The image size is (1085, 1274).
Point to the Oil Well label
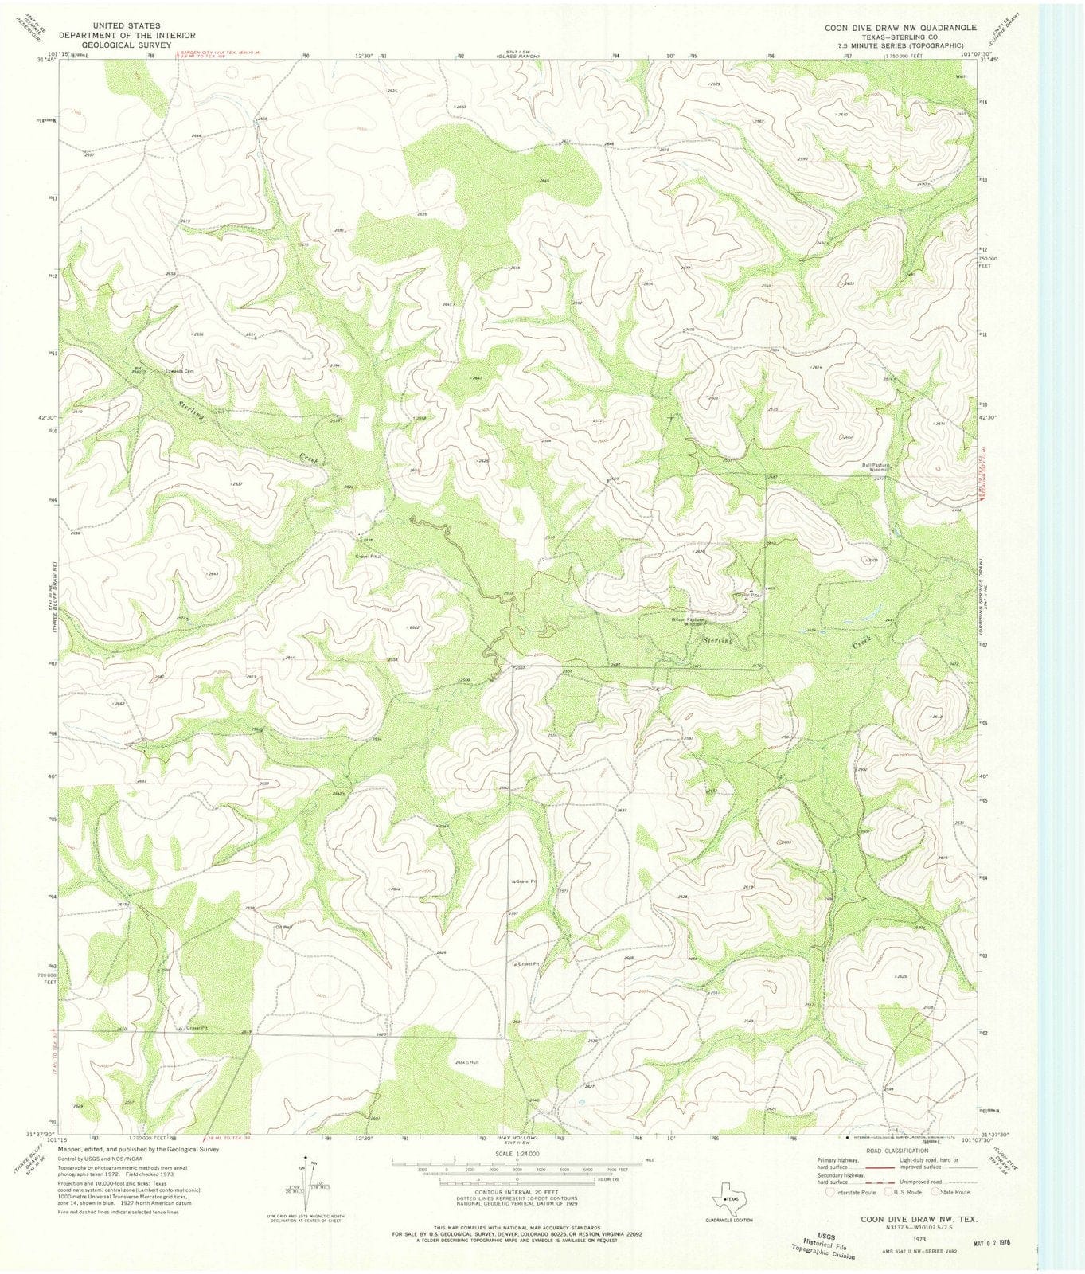click(284, 927)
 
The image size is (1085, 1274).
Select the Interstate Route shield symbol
click(833, 1193)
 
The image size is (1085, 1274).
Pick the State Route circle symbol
click(935, 1193)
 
